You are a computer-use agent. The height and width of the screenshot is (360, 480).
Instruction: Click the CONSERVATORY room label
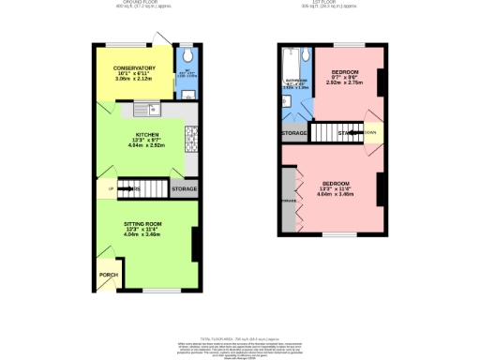click(x=135, y=68)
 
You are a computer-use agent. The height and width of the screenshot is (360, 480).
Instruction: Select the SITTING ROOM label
click(x=143, y=224)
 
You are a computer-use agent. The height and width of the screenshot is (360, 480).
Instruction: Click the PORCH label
click(x=108, y=275)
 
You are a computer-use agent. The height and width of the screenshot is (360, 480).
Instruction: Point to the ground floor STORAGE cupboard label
click(x=184, y=189)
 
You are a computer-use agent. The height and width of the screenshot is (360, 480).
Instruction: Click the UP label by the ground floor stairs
click(x=112, y=189)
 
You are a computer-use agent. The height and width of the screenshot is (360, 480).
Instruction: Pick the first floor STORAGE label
click(x=293, y=133)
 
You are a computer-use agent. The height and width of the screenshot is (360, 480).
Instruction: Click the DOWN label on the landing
click(x=371, y=133)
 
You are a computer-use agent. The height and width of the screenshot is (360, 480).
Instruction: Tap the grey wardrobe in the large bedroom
click(x=287, y=200)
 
